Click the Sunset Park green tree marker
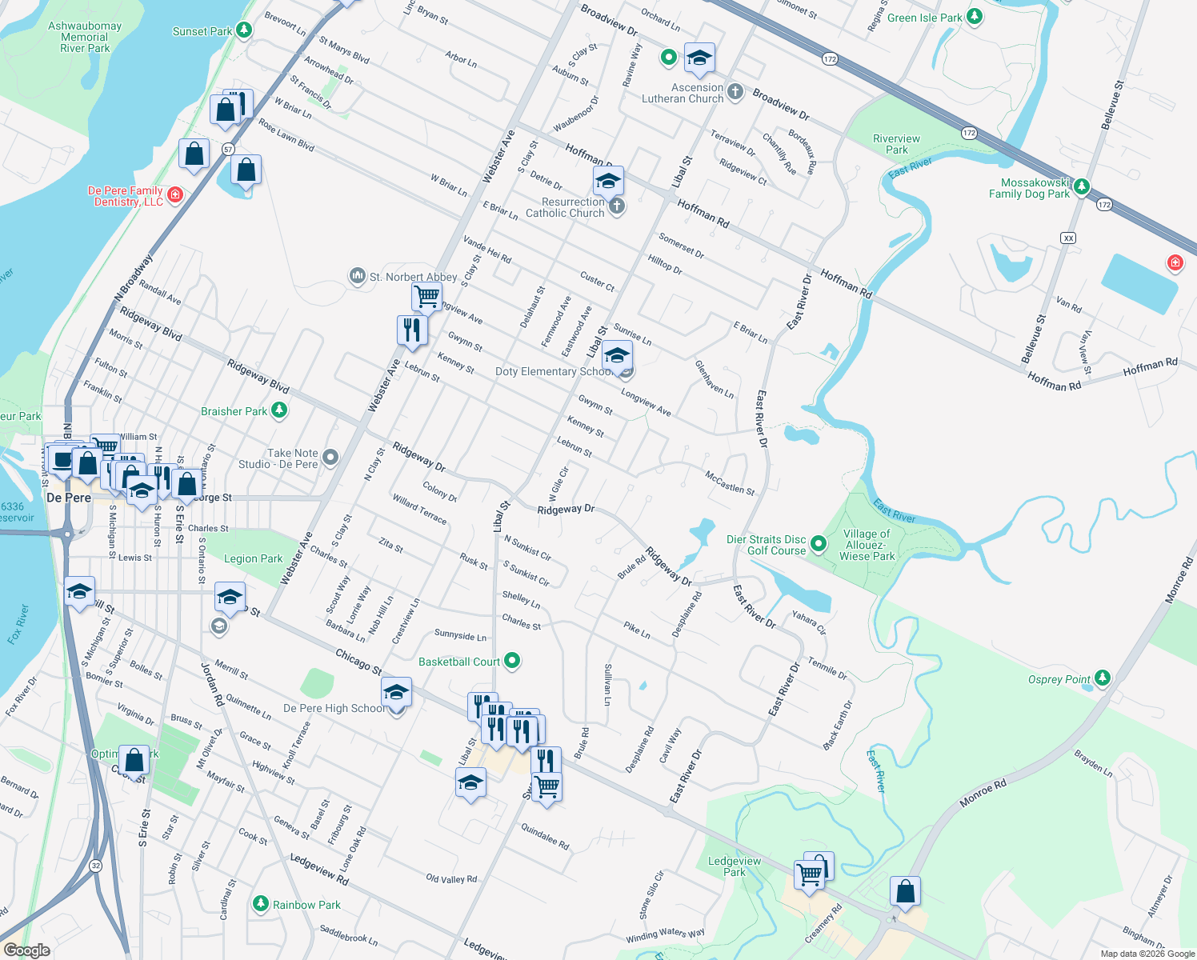pos(244,31)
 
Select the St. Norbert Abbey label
pos(413,277)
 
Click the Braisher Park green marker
pos(279,410)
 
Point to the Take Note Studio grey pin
pos(330,458)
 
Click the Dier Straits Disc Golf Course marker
pos(819,544)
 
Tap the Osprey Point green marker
pos(1103,678)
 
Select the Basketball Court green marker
pos(513,661)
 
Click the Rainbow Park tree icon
pos(260,904)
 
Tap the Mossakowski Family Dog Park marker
pos(1082,186)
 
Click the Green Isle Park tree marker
pos(975,17)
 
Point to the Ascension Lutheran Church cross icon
pos(735,92)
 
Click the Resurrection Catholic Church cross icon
pos(616,206)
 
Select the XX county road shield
pos(1068,238)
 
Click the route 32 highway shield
pos(96,866)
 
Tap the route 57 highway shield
pos(228,149)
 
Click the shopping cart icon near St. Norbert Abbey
pos(426,296)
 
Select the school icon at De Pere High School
pos(396,692)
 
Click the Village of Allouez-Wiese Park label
pos(867,545)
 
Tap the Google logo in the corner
pos(26,950)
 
